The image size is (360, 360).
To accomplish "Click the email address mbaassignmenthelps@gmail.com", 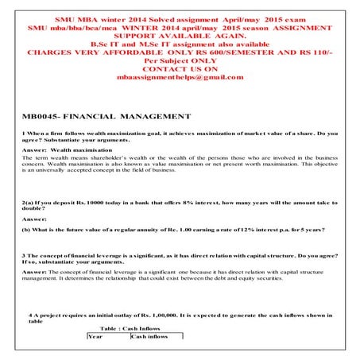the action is pyautogui.click(x=179, y=77).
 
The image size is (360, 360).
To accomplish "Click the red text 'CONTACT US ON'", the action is pyautogui.click(x=179, y=68).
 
